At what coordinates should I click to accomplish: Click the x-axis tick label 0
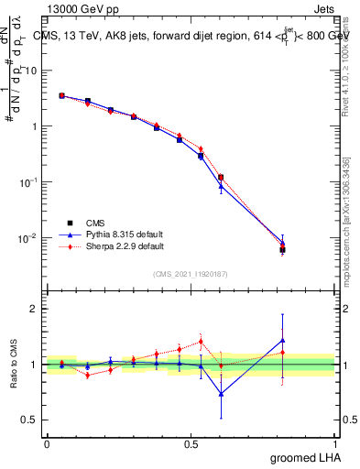pos(47,443)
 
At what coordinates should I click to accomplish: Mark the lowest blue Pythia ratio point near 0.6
pos(221,394)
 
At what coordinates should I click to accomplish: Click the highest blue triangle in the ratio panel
pos(282,341)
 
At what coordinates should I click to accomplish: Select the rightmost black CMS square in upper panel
pos(282,249)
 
